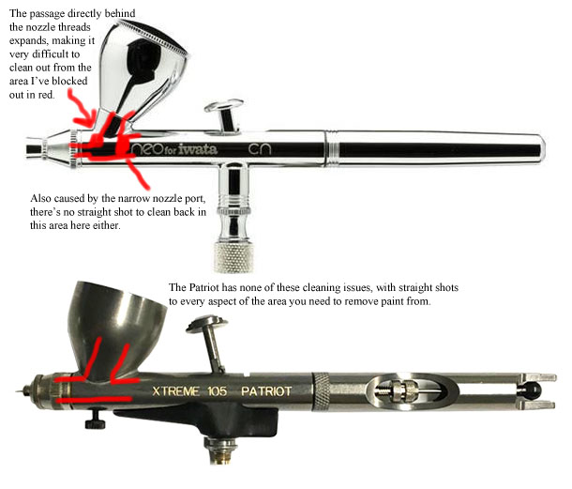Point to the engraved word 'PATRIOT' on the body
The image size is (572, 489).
[266, 390]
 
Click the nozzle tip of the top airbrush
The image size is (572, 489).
[32, 146]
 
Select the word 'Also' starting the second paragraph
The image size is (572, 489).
[43, 199]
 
